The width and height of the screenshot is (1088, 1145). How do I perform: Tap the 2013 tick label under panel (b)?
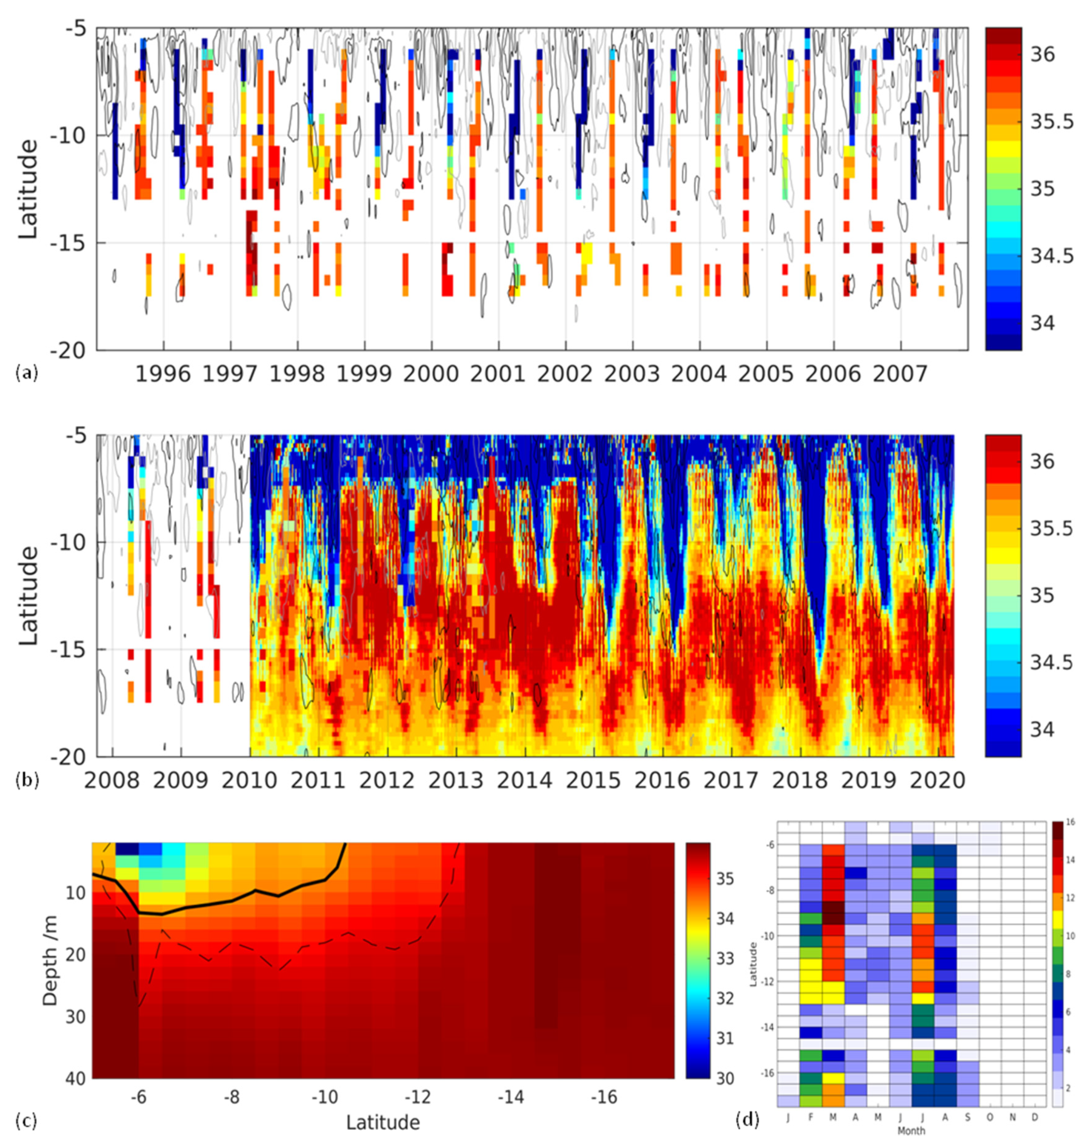(x=456, y=781)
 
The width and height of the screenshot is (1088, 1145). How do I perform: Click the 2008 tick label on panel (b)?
(x=112, y=781)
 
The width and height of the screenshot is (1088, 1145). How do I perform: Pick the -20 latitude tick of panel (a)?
(x=72, y=351)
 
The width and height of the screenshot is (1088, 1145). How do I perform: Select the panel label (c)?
(x=27, y=1121)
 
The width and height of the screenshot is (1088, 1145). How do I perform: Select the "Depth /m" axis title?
(x=51, y=960)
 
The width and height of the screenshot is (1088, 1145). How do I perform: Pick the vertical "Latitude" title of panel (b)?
(x=28, y=595)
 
